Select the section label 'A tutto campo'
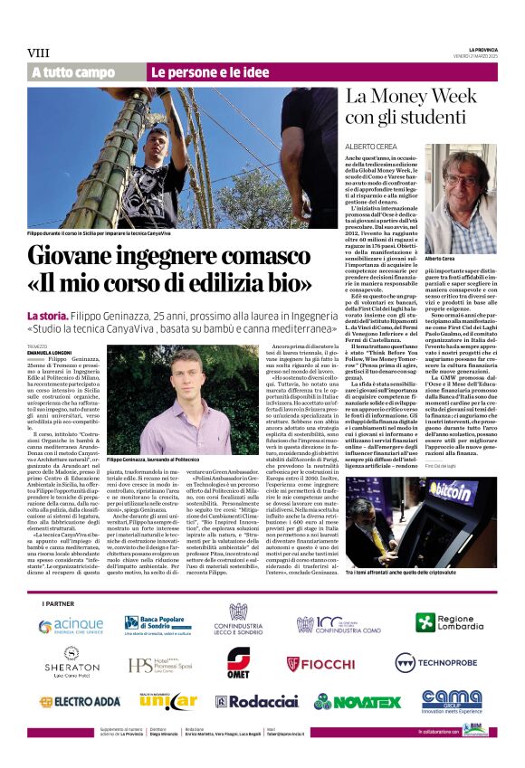click(73, 71)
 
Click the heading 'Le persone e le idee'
click(210, 71)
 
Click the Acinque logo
click(71, 624)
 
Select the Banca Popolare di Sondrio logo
click(157, 624)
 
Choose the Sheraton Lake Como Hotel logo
click(72, 664)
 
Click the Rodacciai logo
click(256, 701)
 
